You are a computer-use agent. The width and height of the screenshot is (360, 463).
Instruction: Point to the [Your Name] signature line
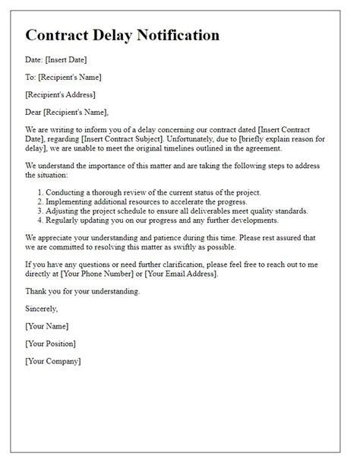point(46,326)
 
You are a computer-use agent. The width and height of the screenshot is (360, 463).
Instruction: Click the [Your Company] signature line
point(53,361)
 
